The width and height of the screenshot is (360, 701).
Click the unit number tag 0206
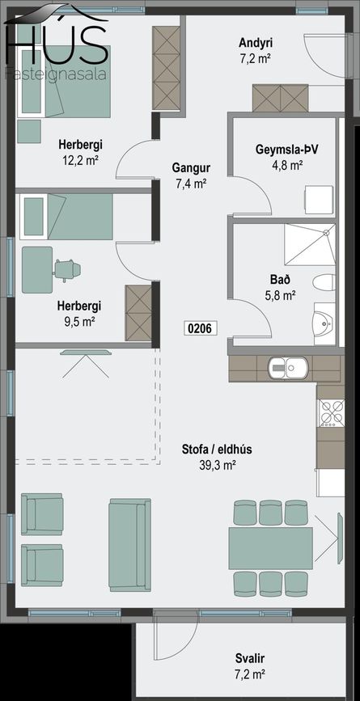point(201,328)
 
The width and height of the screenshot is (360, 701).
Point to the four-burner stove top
point(331,412)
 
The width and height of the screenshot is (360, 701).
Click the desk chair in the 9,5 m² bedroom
point(67,269)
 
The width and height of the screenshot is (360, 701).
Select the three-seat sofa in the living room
point(129,545)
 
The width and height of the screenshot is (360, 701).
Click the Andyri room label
point(256,43)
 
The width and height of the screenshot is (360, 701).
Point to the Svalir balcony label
point(251,658)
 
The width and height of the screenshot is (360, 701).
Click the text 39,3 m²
point(218,466)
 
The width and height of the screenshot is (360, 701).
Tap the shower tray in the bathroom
point(310,244)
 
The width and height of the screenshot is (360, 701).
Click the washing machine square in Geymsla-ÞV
point(320,201)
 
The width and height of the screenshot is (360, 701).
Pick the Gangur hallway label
point(191,168)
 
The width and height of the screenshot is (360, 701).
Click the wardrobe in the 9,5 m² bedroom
point(138,313)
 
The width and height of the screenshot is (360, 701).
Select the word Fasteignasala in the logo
point(56,74)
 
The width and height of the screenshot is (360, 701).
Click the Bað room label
point(281,280)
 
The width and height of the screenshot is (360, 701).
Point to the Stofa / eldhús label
point(217,450)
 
